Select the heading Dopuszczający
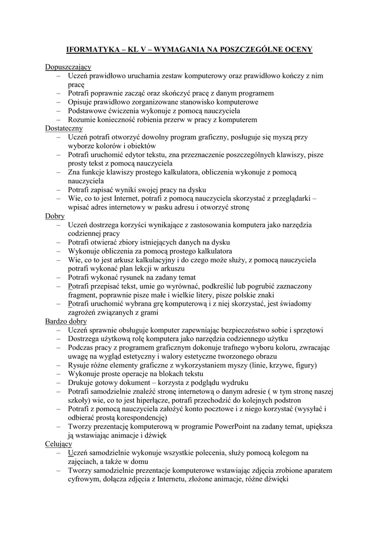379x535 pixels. (68, 67)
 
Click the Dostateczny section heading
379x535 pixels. (64, 128)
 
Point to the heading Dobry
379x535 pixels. (55, 216)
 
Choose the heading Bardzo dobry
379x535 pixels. (66, 321)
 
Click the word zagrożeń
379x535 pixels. (83, 312)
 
